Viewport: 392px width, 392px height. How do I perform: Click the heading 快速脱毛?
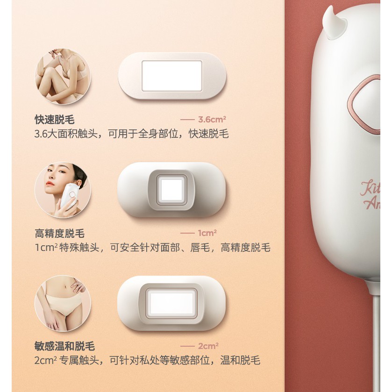pyautogui.click(x=55, y=120)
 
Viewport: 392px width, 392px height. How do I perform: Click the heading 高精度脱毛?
pyautogui.click(x=60, y=234)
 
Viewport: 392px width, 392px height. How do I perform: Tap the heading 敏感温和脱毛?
pyautogui.click(x=65, y=346)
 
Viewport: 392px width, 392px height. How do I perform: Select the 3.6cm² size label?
pyautogui.click(x=212, y=120)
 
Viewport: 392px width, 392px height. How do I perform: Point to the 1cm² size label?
pyautogui.click(x=207, y=233)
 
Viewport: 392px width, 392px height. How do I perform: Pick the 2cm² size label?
pyautogui.click(x=208, y=346)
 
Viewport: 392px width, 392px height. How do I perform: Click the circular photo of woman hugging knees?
pyautogui.click(x=63, y=77)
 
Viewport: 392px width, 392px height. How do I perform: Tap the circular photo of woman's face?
pyautogui.click(x=63, y=190)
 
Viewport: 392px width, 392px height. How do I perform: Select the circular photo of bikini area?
pyautogui.click(x=63, y=303)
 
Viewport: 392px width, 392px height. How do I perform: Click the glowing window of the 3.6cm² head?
pyautogui.click(x=172, y=76)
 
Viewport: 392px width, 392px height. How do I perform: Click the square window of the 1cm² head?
pyautogui.click(x=171, y=190)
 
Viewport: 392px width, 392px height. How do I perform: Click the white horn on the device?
pyautogui.click(x=335, y=22)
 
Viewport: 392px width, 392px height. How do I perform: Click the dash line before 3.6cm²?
pyautogui.click(x=187, y=120)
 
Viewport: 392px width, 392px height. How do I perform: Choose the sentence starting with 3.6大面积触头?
pyautogui.click(x=131, y=134)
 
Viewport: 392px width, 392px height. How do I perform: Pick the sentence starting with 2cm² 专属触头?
pyautogui.click(x=147, y=361)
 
